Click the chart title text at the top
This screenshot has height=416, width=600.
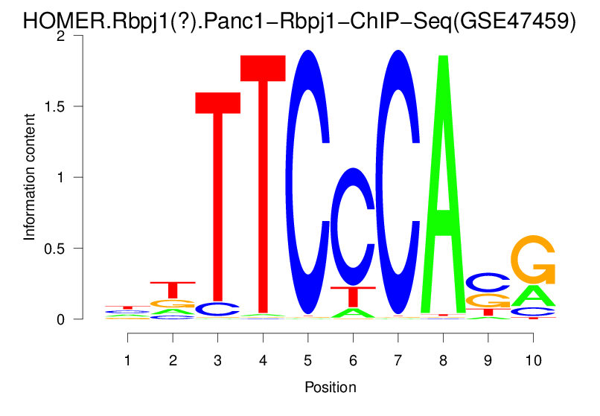[299, 20]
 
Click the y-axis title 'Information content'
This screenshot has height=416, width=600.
[30, 177]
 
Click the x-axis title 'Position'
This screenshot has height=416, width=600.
[330, 387]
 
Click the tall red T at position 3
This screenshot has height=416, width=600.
[218, 201]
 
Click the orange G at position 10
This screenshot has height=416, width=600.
[533, 259]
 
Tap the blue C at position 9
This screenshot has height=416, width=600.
[488, 282]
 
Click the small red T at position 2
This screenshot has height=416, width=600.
[173, 289]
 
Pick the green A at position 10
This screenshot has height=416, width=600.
[533, 296]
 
